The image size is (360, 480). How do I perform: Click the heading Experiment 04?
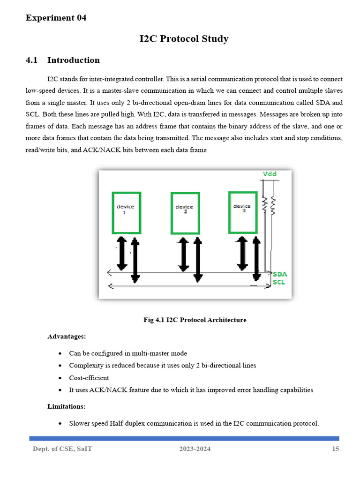click(56, 18)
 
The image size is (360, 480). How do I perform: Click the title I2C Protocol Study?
click(184, 39)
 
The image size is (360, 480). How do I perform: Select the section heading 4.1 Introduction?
click(63, 60)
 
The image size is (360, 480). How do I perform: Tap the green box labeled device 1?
click(126, 212)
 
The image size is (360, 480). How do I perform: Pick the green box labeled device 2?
click(185, 213)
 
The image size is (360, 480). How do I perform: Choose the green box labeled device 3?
click(243, 212)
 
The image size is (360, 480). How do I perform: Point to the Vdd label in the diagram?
click(270, 174)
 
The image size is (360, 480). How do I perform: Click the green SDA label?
click(280, 274)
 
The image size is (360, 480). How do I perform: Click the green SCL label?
click(279, 283)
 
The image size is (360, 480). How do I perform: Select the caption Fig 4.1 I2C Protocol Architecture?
click(195, 320)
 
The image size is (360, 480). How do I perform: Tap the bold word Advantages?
click(67, 337)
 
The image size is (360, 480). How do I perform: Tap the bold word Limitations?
click(67, 406)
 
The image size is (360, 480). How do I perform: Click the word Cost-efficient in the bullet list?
click(89, 378)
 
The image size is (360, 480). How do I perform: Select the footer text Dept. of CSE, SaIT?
click(62, 449)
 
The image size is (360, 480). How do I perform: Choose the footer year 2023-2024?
click(195, 449)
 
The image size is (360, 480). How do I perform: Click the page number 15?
click(335, 449)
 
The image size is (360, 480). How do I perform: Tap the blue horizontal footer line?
click(184, 438)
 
